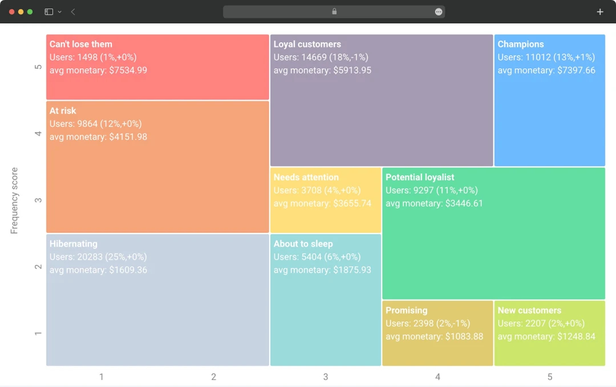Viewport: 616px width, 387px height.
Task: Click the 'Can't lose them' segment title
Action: pos(80,45)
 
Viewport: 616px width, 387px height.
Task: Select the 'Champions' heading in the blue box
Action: pos(520,45)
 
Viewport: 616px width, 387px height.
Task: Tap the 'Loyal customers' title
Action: pos(307,45)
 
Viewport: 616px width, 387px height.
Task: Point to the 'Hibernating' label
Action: pos(73,244)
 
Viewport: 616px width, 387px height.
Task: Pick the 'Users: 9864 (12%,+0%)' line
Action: pos(95,124)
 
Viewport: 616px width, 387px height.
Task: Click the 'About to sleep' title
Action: pos(303,244)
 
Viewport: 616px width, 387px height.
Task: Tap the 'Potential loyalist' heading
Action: pos(420,178)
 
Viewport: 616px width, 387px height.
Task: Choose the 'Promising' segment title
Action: pos(406,311)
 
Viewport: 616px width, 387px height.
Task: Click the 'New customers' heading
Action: pos(529,311)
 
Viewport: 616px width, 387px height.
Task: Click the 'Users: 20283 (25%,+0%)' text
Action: pos(98,257)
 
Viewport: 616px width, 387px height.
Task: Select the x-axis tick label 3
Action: pos(326,377)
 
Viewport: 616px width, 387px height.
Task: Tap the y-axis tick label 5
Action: pos(38,67)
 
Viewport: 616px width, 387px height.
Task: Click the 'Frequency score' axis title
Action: pos(15,200)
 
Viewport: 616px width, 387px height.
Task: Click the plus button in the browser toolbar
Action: pos(599,11)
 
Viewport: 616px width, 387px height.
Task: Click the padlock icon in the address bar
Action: pos(334,11)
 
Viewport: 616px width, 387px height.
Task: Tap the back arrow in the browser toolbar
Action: pos(73,11)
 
